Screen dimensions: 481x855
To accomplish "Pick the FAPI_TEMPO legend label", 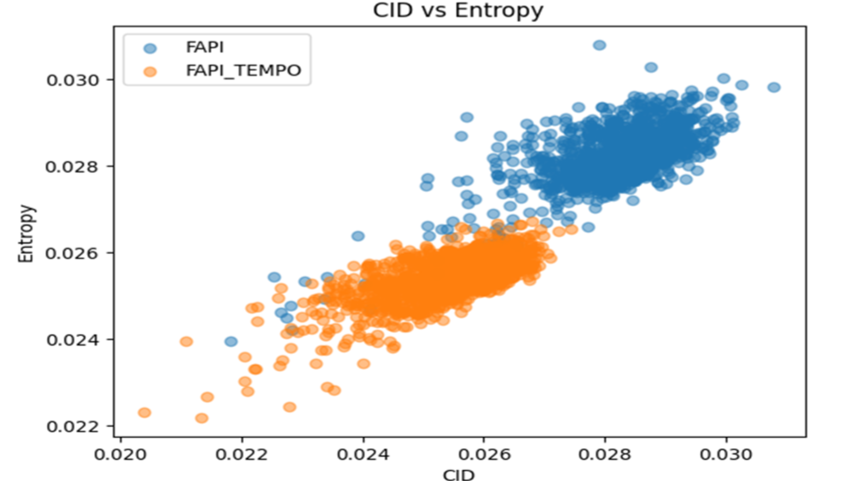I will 243,71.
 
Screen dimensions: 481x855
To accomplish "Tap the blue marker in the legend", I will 151,49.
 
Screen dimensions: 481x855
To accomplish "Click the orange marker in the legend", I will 151,71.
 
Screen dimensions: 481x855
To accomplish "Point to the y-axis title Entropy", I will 28,232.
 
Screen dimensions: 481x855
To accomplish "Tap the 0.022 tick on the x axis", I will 241,453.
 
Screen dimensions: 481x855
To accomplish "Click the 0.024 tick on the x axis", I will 363,453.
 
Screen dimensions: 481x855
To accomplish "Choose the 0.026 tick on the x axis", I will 484,453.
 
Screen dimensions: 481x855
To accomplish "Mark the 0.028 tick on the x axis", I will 605,453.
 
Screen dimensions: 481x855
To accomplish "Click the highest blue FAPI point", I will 599,45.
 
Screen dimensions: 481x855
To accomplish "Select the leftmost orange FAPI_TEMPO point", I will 144,413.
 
